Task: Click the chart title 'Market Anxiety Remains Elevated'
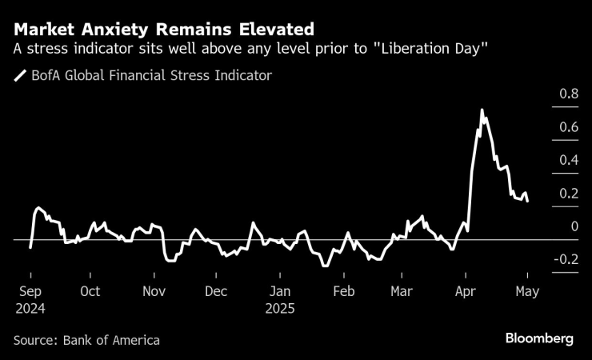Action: coord(164,30)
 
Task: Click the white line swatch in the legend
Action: coord(19,76)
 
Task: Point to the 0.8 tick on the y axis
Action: coord(569,94)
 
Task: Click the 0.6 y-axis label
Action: coord(569,127)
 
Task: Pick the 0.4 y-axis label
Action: coord(569,160)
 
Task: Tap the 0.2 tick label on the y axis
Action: coord(569,194)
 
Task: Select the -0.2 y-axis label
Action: coord(566,260)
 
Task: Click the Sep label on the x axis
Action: coord(30,292)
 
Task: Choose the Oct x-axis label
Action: coord(90,292)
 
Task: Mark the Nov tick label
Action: coord(154,292)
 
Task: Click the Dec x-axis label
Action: coord(215,292)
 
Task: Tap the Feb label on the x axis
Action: coord(343,292)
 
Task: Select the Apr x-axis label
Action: coord(465,292)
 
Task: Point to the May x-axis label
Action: coord(527,292)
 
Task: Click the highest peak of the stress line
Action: coord(482,110)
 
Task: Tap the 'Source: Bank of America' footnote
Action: coord(87,340)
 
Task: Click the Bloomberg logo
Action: coord(539,339)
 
